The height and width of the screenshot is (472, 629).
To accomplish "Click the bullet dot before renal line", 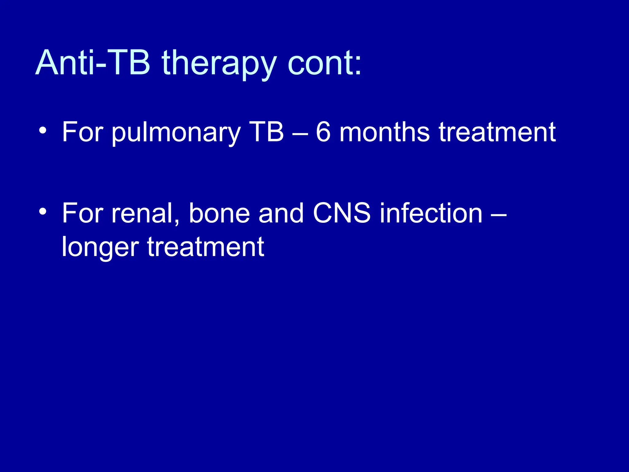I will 43,211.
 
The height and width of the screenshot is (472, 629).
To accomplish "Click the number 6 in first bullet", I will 323,132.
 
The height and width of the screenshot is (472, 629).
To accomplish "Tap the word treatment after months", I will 497,132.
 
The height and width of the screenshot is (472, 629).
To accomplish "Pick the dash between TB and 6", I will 300,134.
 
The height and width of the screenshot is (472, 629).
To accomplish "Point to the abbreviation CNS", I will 342,213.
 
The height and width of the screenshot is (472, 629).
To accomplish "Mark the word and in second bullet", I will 281,213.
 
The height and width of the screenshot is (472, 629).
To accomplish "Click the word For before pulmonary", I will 82,132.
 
